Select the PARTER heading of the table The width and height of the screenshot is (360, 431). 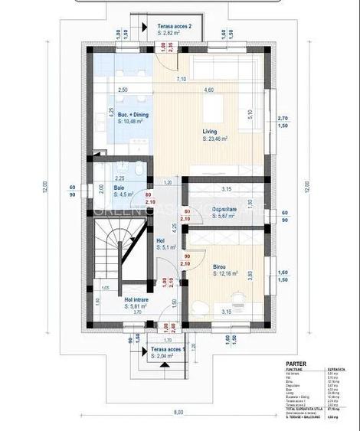296,364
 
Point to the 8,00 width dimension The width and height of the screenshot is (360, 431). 178,413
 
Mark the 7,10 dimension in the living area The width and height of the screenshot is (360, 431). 181,79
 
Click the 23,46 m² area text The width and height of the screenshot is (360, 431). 217,139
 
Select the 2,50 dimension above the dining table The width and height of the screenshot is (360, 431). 123,90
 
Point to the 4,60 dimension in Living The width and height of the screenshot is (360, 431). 208,90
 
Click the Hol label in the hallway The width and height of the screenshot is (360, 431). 160,240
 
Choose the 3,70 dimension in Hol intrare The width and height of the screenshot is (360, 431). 137,313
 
